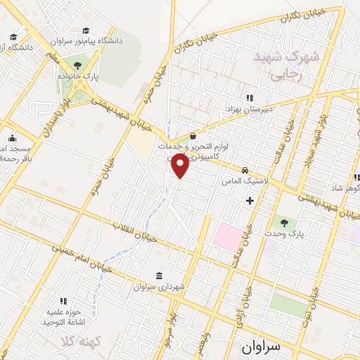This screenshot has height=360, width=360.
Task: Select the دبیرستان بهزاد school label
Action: pyautogui.click(x=253, y=110)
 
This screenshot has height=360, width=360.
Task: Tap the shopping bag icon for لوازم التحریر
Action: pyautogui.click(x=193, y=136)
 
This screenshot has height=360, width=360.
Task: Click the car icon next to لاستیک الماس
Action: pyautogui.click(x=244, y=170)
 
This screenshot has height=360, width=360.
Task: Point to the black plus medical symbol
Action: pyautogui.click(x=250, y=200)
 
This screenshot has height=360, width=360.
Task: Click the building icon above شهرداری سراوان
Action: pyautogui.click(x=158, y=275)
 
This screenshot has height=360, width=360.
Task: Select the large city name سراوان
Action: pyautogui.click(x=259, y=347)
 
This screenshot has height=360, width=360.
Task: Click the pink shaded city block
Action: pyautogui.click(x=227, y=236)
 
